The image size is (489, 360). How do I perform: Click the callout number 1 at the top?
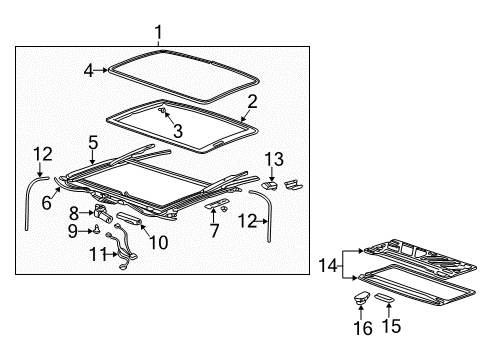(158, 33)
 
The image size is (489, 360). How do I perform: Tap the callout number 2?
(252, 101)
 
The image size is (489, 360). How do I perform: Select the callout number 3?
(177, 130)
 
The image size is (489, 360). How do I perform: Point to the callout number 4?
(88, 70)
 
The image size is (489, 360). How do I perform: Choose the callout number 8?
(74, 212)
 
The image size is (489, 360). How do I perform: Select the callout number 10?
(157, 242)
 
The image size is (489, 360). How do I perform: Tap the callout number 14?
(321, 266)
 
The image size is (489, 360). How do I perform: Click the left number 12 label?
(40, 154)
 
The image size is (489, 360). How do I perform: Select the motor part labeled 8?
(103, 211)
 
